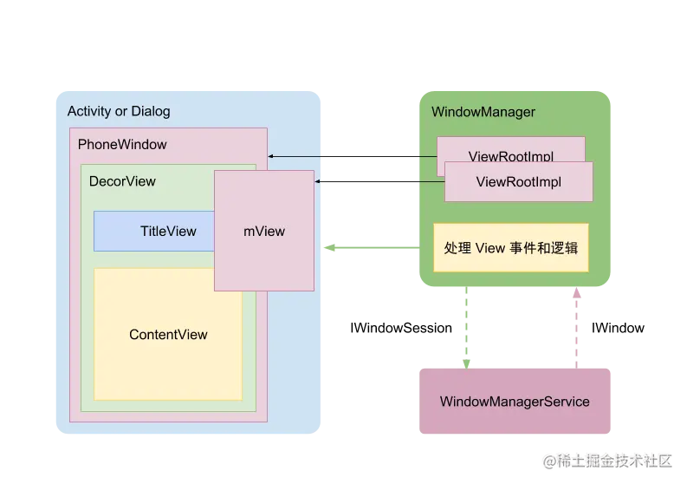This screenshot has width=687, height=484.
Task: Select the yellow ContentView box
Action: coord(168,335)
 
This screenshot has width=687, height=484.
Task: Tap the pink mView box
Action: coord(264,232)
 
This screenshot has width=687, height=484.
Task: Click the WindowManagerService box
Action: coord(515,402)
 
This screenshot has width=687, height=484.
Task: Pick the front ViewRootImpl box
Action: coord(518,182)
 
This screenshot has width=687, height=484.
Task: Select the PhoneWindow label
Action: coord(122,144)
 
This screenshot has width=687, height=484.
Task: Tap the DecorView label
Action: coord(122,181)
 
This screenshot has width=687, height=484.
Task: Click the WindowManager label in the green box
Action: coord(483,112)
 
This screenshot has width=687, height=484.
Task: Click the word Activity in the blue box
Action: coord(89,111)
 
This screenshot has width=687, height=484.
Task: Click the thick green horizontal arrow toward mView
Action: coord(371,248)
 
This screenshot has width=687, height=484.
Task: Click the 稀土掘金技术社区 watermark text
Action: coord(617,460)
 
